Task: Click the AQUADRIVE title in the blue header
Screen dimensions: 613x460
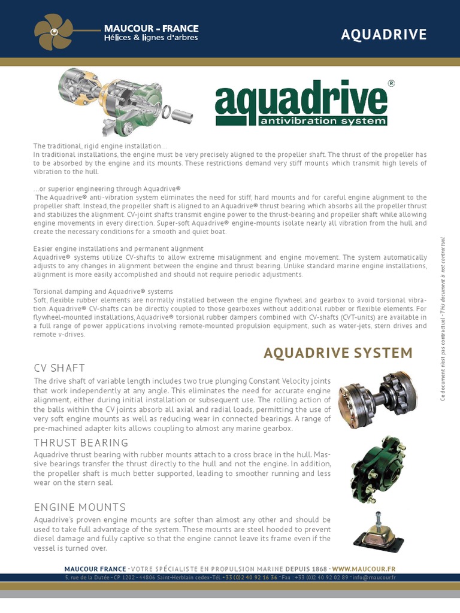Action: (383, 35)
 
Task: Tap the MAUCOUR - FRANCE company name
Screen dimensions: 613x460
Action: (152, 28)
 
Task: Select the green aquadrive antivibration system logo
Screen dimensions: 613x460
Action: (301, 105)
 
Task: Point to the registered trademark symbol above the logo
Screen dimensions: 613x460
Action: (391, 84)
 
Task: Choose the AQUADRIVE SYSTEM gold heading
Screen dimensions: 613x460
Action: (338, 353)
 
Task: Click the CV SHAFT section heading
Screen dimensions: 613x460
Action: (59, 368)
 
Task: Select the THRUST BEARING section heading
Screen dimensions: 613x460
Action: (81, 442)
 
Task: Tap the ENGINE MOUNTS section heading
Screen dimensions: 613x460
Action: (80, 507)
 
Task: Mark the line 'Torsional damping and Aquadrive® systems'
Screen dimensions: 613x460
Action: (103, 292)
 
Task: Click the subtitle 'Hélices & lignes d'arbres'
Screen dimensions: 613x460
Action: (151, 38)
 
